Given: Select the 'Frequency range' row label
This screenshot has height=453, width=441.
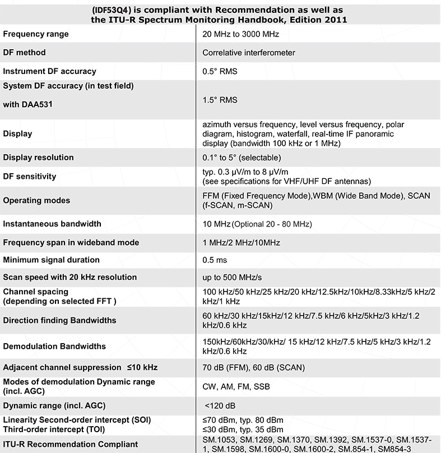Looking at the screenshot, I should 36,34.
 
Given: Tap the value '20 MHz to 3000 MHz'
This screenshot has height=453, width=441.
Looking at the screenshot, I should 241,34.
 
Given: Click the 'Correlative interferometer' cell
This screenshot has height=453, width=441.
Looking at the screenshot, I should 249,53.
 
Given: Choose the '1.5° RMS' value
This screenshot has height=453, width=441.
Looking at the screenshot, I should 220,100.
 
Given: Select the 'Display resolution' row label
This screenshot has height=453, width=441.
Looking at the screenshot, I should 38,158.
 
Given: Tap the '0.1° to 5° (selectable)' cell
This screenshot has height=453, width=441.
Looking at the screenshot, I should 242,158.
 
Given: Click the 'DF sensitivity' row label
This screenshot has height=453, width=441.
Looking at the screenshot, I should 30,177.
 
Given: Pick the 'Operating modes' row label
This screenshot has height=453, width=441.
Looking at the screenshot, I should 36,200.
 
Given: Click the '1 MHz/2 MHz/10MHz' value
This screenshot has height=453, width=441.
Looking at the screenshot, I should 242,243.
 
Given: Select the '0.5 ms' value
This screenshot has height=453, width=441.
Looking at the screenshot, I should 215,260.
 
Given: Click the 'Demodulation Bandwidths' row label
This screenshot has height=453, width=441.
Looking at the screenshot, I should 54,346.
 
